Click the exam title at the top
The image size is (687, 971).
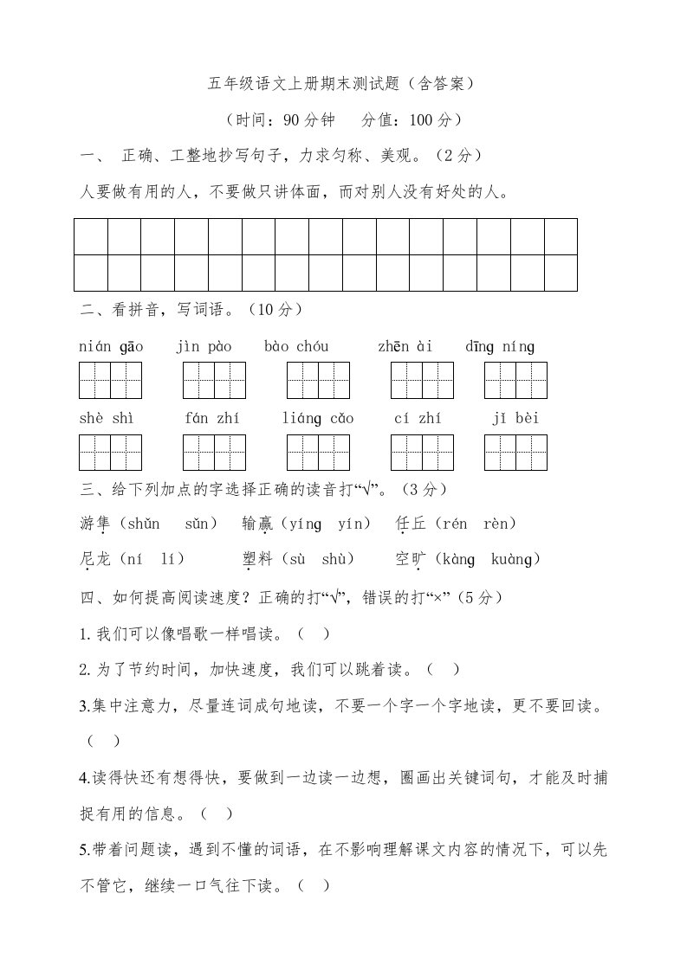pos(342,84)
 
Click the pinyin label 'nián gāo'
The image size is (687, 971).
pos(111,347)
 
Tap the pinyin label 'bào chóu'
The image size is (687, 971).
pos(296,347)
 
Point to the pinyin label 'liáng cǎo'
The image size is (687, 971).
pos(318,419)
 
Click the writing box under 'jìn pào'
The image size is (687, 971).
pos(214,381)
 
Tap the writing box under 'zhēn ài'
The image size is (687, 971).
pos(422,381)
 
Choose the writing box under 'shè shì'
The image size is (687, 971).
pos(110,453)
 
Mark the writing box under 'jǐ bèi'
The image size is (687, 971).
pos(515,453)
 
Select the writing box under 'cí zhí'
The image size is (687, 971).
pos(422,453)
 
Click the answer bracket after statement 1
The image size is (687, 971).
pos(314,633)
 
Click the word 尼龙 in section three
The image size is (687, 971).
pos(95,560)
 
